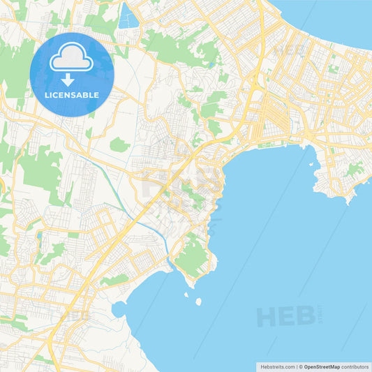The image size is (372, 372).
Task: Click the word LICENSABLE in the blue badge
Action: [x=71, y=95]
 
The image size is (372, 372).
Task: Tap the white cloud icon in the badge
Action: [x=71, y=61]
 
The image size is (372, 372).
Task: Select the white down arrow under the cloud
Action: [x=71, y=78]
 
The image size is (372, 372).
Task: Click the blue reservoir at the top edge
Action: [x=128, y=15]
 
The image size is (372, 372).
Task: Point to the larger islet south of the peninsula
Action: [x=198, y=302]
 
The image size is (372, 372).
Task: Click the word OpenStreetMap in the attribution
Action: [x=322, y=366]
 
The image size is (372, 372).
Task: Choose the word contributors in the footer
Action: [x=355, y=366]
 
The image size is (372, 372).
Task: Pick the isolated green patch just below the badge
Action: [x=119, y=145]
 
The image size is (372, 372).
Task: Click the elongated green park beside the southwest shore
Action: [x=115, y=279]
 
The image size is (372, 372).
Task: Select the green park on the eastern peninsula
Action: [x=355, y=169]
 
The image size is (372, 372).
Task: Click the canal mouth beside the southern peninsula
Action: [x=170, y=265]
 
